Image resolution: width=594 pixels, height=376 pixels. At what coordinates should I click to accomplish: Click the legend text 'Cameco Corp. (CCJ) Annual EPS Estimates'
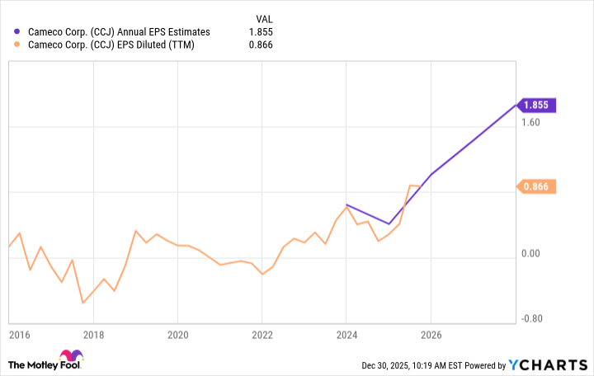point(120,32)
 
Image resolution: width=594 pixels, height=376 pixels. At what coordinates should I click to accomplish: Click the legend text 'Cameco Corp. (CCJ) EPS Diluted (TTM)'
point(112,45)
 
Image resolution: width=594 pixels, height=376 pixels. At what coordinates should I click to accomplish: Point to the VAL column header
point(263,17)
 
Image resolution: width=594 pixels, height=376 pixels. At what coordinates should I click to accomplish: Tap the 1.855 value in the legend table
point(262,32)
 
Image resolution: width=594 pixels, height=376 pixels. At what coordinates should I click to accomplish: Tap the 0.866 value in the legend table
point(262,45)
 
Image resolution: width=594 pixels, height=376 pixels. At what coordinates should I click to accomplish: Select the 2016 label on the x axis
point(20,336)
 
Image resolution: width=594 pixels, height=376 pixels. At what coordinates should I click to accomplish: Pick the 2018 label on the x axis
point(93,336)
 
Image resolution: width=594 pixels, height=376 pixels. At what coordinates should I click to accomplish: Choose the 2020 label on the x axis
point(177,336)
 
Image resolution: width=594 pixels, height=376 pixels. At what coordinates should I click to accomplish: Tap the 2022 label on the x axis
point(262,336)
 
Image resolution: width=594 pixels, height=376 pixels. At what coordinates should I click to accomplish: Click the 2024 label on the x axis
point(346,336)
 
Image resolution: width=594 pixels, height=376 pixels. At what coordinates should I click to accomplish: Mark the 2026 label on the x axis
point(430,336)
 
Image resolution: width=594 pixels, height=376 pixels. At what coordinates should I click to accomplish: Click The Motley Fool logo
point(46,364)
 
